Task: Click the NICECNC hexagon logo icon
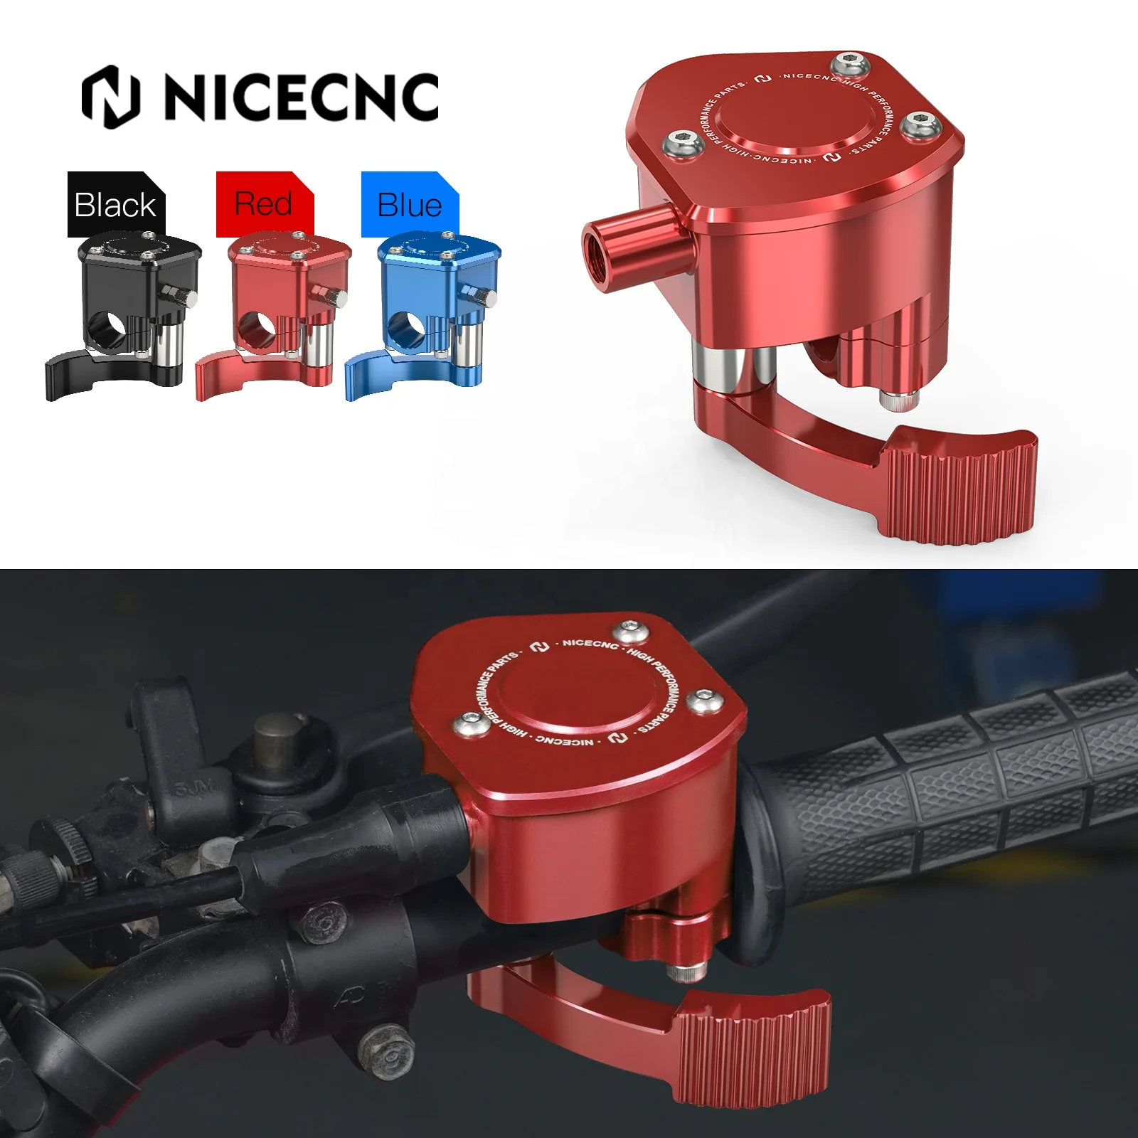pos(111,97)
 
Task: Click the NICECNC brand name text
pos(302,97)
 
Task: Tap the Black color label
pos(115,205)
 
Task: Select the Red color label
pos(263,204)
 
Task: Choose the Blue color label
pos(410,205)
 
